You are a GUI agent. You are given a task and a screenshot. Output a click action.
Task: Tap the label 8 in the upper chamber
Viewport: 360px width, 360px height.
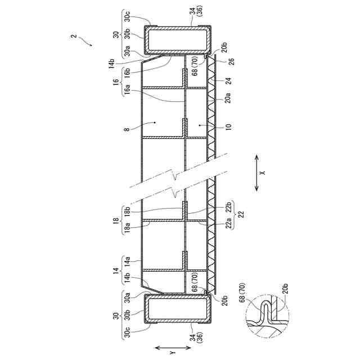128,129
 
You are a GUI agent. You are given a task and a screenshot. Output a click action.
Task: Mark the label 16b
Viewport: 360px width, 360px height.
128,72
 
